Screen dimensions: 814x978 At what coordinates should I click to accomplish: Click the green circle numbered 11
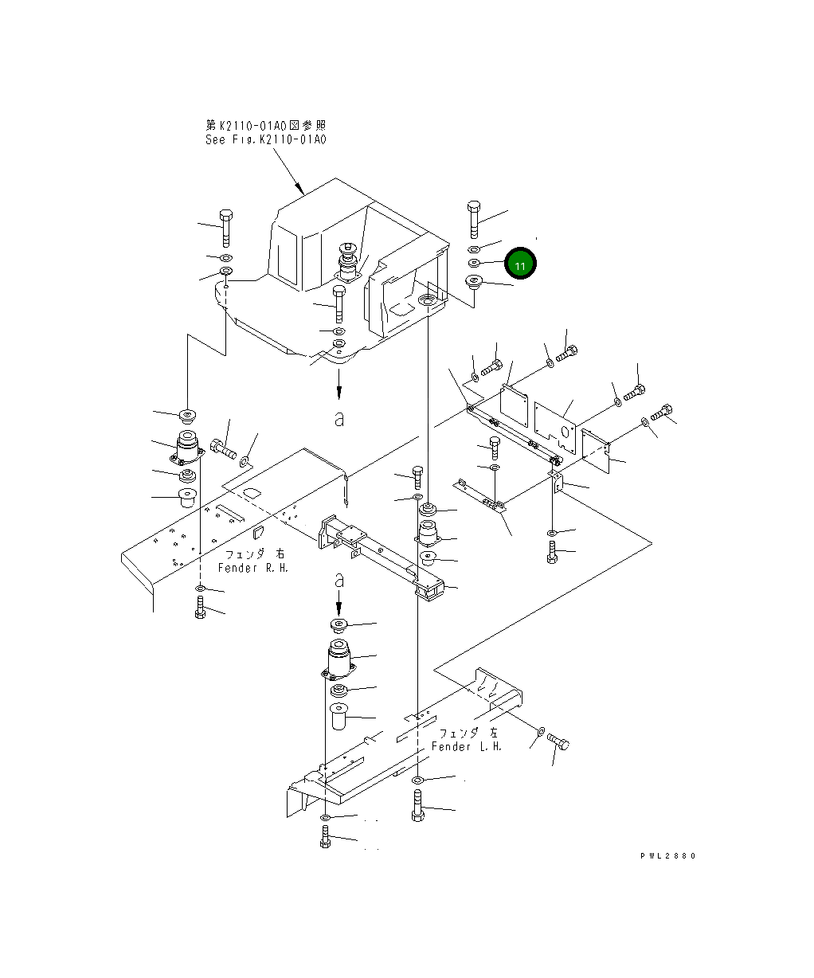(520, 264)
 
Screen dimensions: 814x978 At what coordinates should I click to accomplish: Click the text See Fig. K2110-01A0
(265, 139)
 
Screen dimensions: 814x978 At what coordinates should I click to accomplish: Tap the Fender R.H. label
(253, 568)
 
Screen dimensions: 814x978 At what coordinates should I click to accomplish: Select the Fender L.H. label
(466, 746)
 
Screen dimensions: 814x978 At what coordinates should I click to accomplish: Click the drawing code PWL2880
(668, 855)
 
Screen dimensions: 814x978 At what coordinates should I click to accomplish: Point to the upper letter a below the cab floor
(339, 419)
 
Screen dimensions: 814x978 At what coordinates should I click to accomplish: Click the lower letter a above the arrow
(339, 581)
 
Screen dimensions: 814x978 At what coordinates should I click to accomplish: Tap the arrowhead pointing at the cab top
(300, 189)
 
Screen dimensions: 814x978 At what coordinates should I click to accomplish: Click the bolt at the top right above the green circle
(474, 219)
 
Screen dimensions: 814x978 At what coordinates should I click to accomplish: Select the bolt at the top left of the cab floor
(225, 228)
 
